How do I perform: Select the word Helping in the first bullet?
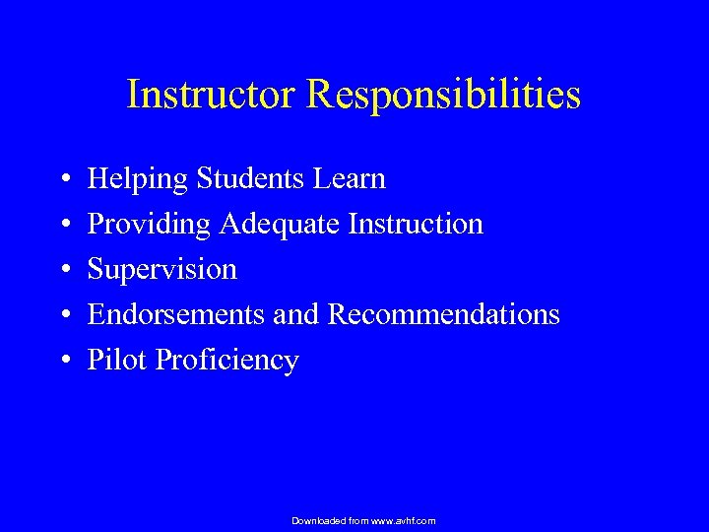tap(139, 180)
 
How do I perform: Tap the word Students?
tap(253, 179)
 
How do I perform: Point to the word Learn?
tap(352, 179)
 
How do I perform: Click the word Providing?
tap(150, 226)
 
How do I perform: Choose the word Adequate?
tap(280, 226)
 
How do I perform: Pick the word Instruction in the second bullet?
tap(416, 225)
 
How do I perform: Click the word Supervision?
tap(162, 270)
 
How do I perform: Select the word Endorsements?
tap(173, 315)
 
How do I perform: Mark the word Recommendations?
tap(443, 315)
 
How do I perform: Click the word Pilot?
tap(118, 361)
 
